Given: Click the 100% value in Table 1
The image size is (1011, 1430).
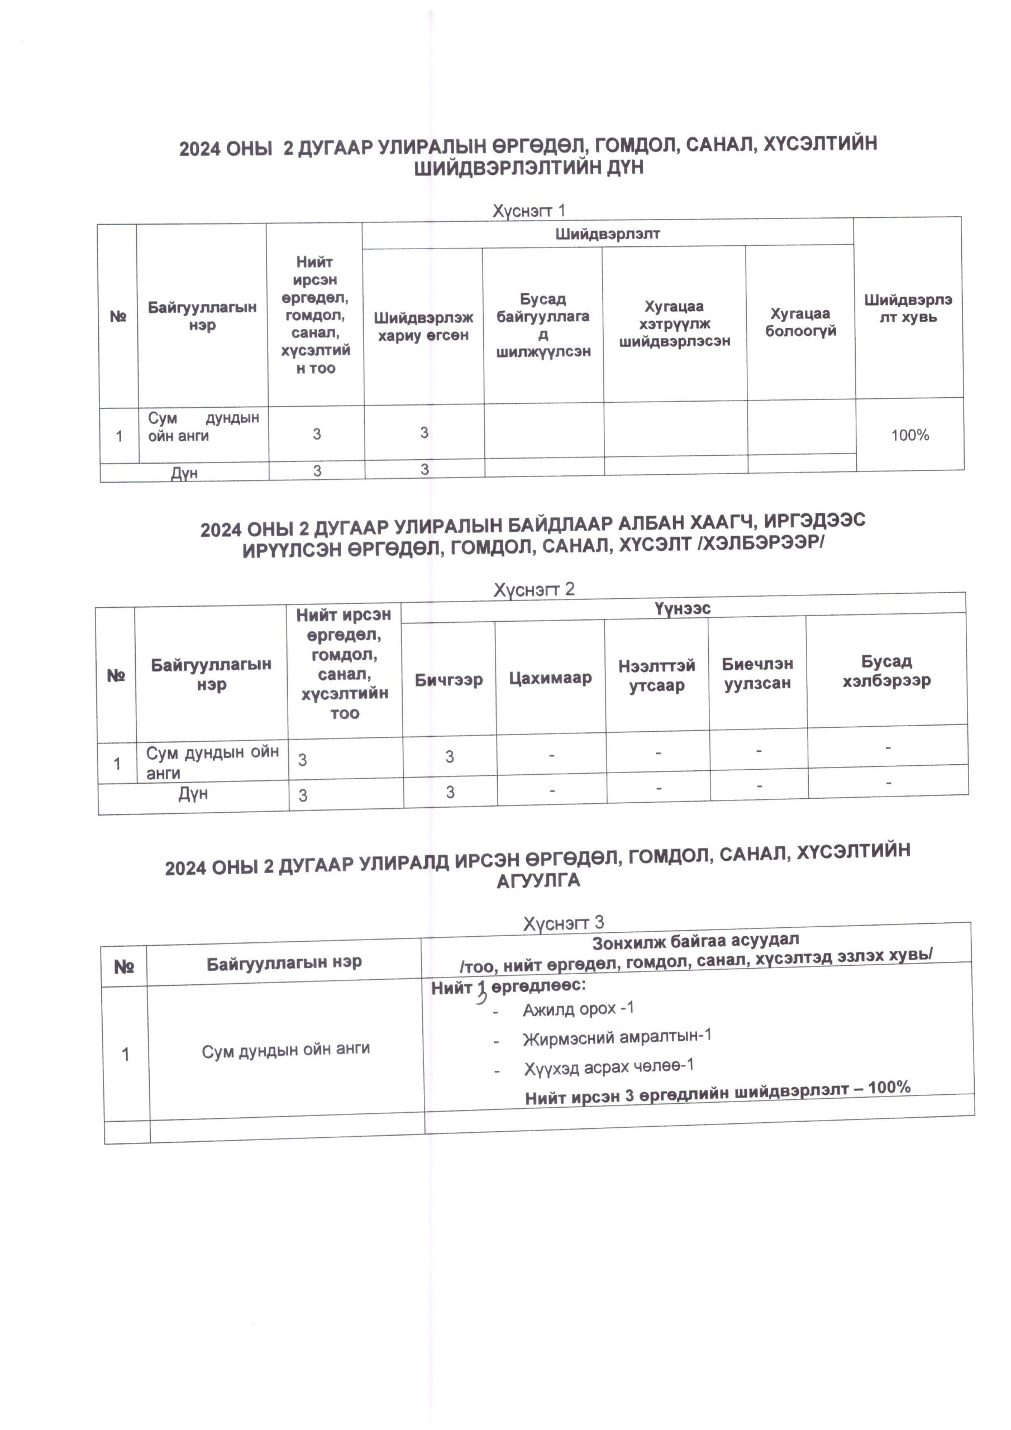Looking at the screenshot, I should (909, 435).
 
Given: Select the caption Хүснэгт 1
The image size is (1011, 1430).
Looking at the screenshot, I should (529, 211).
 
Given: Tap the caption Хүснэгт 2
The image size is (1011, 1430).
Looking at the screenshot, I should (534, 589).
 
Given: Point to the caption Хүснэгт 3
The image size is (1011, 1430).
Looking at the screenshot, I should (563, 922).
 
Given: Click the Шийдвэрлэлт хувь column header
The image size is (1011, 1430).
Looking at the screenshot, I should (908, 308).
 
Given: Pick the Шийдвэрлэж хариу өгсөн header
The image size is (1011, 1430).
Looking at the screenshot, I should (423, 326).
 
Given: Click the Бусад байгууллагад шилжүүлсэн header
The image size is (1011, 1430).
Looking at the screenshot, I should (543, 325).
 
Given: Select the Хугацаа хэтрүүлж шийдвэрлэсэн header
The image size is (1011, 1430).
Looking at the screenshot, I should (674, 323).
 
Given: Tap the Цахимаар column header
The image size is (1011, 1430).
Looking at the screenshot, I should (550, 678).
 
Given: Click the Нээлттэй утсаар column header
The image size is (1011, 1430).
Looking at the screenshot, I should (656, 676).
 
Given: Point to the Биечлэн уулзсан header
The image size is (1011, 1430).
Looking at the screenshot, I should (757, 673).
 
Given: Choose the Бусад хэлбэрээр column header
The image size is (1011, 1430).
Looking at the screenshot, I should (886, 670).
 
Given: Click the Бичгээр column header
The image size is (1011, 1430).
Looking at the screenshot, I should (449, 679).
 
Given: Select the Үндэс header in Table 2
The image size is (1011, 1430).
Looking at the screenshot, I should (682, 608).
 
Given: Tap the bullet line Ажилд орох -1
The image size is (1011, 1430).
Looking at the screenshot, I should (578, 1009).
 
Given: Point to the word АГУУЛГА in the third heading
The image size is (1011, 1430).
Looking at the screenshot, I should (538, 881).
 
